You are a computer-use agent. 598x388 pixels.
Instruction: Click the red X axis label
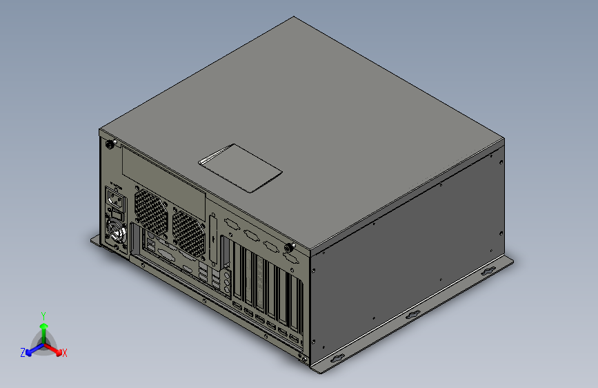click(65, 353)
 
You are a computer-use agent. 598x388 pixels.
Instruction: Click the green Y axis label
click(43, 315)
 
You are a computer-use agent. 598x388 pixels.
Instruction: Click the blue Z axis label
click(22, 352)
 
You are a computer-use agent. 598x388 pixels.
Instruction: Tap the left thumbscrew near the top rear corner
click(109, 145)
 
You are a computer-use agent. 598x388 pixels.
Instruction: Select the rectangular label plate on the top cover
click(241, 167)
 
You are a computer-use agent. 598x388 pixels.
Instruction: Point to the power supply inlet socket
click(115, 201)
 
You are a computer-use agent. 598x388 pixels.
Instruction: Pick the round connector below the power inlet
click(115, 231)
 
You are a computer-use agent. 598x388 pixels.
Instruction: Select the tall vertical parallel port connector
click(212, 231)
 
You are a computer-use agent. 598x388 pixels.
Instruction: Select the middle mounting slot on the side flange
click(412, 315)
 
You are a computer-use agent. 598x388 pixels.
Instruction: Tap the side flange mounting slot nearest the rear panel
click(338, 358)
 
